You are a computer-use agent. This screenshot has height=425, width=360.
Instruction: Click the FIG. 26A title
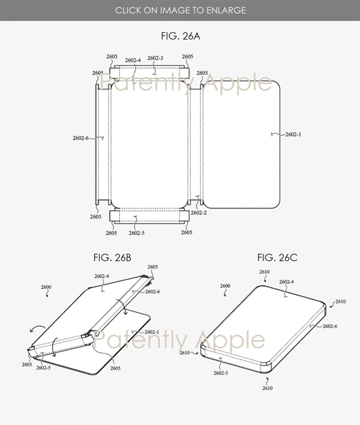pyautogui.click(x=181, y=37)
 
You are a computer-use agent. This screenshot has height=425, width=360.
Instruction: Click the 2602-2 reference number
pyautogui.click(x=199, y=213)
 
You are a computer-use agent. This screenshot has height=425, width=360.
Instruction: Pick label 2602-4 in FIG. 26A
pyautogui.click(x=133, y=60)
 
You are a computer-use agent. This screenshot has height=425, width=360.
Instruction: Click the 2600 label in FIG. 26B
pyautogui.click(x=46, y=288)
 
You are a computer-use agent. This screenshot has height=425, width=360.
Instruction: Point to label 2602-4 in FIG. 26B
pyautogui.click(x=101, y=276)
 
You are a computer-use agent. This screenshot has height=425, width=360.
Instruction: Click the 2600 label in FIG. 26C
pyautogui.click(x=225, y=287)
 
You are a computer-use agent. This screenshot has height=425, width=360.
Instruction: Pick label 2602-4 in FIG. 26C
pyautogui.click(x=286, y=282)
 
